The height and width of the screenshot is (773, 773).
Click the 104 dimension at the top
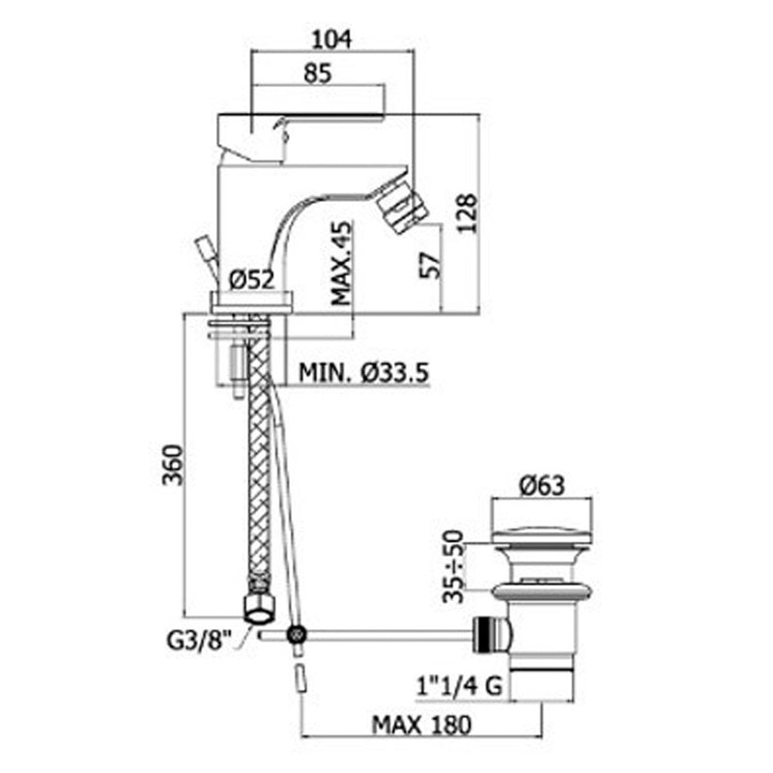click(331, 39)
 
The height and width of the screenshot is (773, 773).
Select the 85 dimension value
click(318, 73)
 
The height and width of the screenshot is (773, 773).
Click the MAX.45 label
click(342, 263)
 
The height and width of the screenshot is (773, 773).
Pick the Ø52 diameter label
click(251, 280)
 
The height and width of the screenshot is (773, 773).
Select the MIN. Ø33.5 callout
click(364, 372)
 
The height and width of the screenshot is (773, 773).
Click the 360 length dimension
click(173, 465)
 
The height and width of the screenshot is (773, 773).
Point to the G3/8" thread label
click(199, 641)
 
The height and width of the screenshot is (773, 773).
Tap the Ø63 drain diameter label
click(542, 486)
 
